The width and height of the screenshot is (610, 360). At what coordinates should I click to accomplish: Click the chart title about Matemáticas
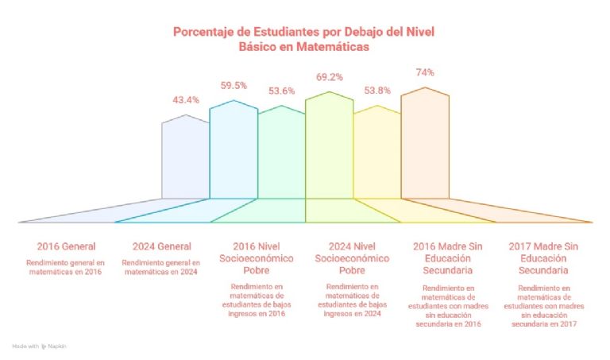(x=304, y=39)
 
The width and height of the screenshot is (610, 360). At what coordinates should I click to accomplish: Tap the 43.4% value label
(x=186, y=100)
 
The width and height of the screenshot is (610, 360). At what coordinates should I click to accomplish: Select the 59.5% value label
(x=234, y=85)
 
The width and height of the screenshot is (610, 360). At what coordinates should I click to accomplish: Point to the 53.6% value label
(x=281, y=91)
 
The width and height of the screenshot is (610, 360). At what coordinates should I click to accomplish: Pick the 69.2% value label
(x=329, y=78)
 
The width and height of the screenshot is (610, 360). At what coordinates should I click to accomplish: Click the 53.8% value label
(x=376, y=91)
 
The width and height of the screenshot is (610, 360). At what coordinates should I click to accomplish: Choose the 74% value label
(x=425, y=72)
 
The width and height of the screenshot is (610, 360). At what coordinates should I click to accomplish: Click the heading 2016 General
(x=66, y=246)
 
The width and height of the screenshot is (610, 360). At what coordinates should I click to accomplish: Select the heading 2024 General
(x=160, y=246)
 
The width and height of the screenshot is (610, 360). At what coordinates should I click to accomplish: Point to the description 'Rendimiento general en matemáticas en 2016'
(x=66, y=267)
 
